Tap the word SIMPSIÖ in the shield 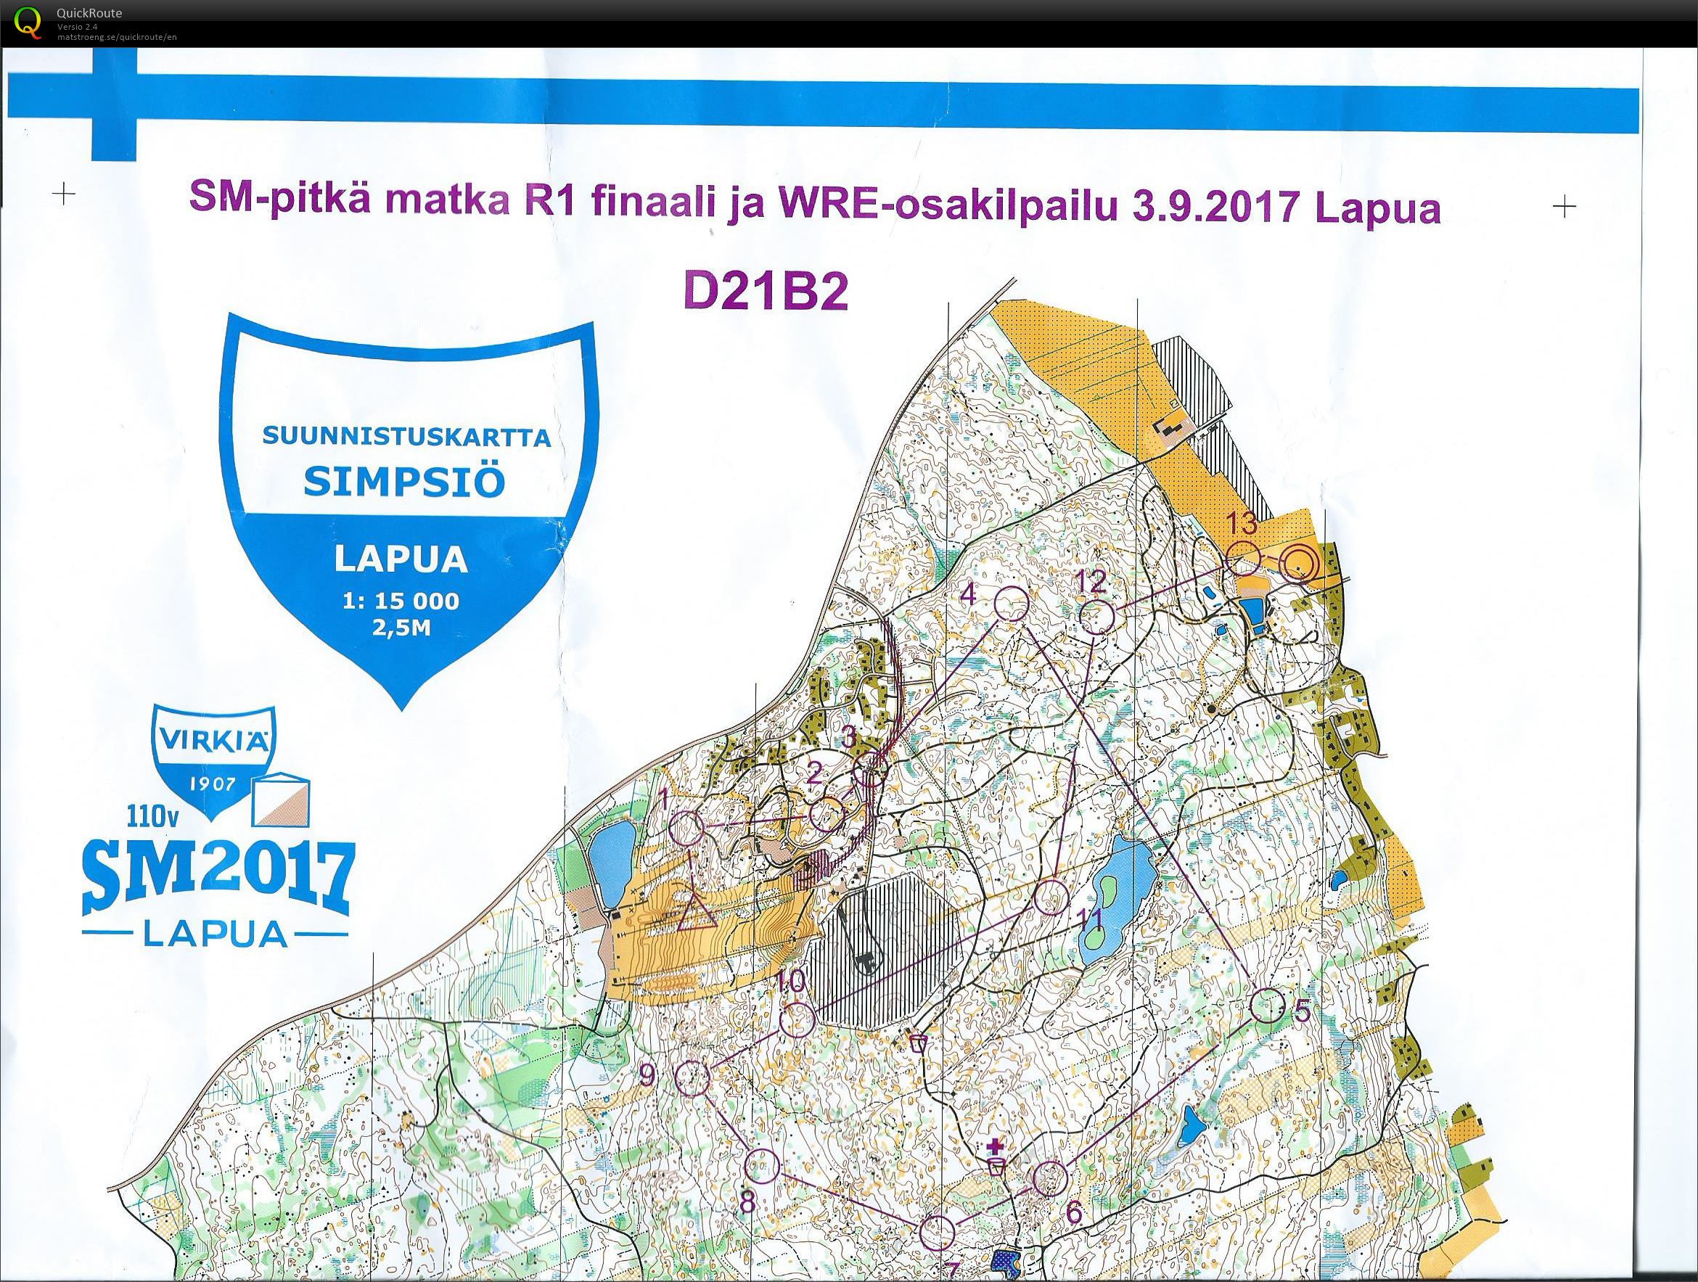[x=404, y=482]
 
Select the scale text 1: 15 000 [x=401, y=601]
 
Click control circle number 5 [x=1268, y=1006]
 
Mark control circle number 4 [x=1012, y=604]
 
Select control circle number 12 [x=1098, y=617]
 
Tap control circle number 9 [x=692, y=1078]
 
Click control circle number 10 [x=797, y=1019]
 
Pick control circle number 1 [x=686, y=827]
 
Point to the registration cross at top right [x=1564, y=206]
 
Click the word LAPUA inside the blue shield [x=401, y=559]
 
